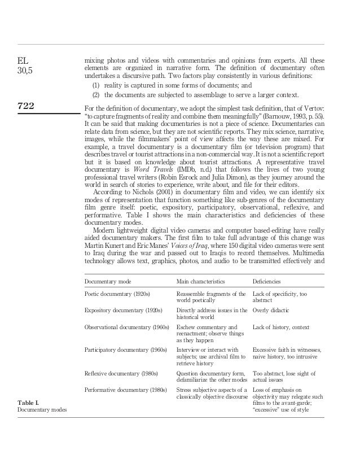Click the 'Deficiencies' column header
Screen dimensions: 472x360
[267, 281]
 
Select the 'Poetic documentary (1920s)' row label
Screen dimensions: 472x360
[117, 294]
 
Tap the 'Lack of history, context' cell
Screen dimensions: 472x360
[281, 327]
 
